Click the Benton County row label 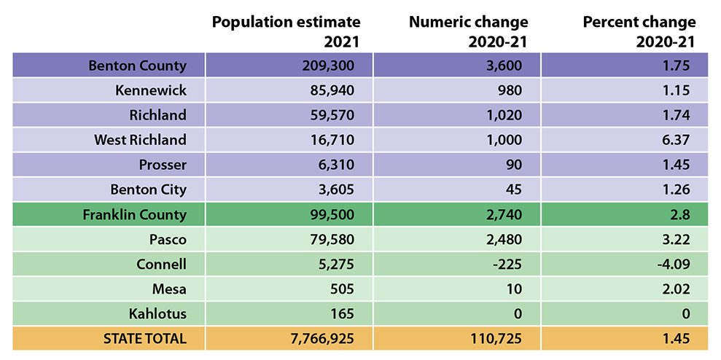coord(137,66)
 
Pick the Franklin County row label coord(134,215)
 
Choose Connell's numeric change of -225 coord(508,264)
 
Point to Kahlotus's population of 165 coord(342,314)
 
